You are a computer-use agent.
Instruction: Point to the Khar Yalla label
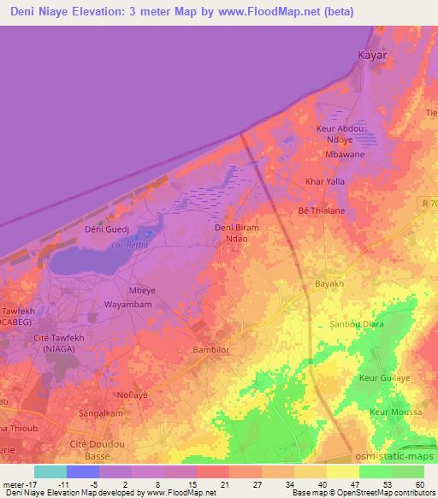[325, 181]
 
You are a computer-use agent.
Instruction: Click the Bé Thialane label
[321, 210]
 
